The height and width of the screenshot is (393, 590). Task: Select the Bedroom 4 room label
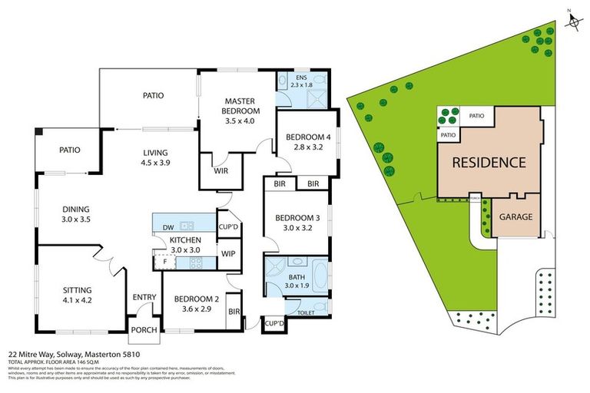point(306,143)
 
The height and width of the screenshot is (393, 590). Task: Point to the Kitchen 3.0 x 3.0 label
point(184,245)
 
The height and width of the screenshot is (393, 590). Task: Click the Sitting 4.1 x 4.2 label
point(76,295)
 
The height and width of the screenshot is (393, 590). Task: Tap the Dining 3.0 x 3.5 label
point(76,214)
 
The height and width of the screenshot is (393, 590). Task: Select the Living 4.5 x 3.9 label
point(154,157)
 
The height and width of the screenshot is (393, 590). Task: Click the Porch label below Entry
point(144,330)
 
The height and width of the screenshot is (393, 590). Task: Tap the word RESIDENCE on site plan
point(488,162)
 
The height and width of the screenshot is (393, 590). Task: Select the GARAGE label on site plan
point(515,217)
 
